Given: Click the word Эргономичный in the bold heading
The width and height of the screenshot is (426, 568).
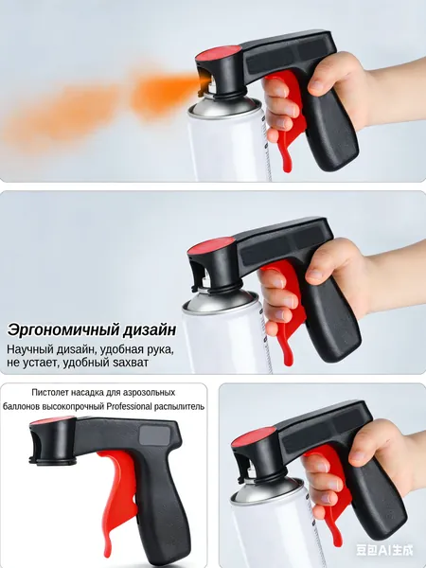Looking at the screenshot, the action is click(x=63, y=330).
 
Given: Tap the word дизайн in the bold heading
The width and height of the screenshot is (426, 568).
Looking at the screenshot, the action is click(x=150, y=330).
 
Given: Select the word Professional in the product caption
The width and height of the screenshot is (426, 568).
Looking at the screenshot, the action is click(x=130, y=407).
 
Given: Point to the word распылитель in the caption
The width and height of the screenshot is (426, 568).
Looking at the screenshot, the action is click(x=179, y=407).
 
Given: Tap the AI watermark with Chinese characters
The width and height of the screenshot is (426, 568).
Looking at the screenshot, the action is click(x=384, y=550).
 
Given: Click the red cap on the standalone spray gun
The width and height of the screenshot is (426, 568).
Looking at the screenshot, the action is click(x=51, y=421).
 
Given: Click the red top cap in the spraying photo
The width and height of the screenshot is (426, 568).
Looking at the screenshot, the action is click(x=219, y=53).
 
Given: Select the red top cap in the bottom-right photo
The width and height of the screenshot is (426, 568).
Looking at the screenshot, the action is click(x=254, y=436).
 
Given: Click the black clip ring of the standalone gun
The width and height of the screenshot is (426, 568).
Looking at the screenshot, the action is click(x=53, y=461).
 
